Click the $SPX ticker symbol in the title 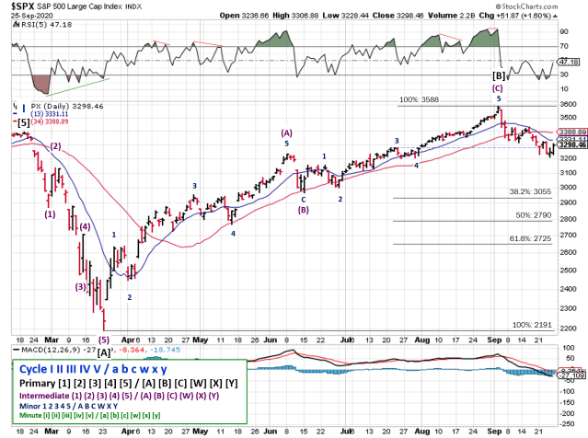[21, 6]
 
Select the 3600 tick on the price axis [569, 105]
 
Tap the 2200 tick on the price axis [569, 328]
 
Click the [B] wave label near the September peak [499, 75]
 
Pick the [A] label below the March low [104, 352]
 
